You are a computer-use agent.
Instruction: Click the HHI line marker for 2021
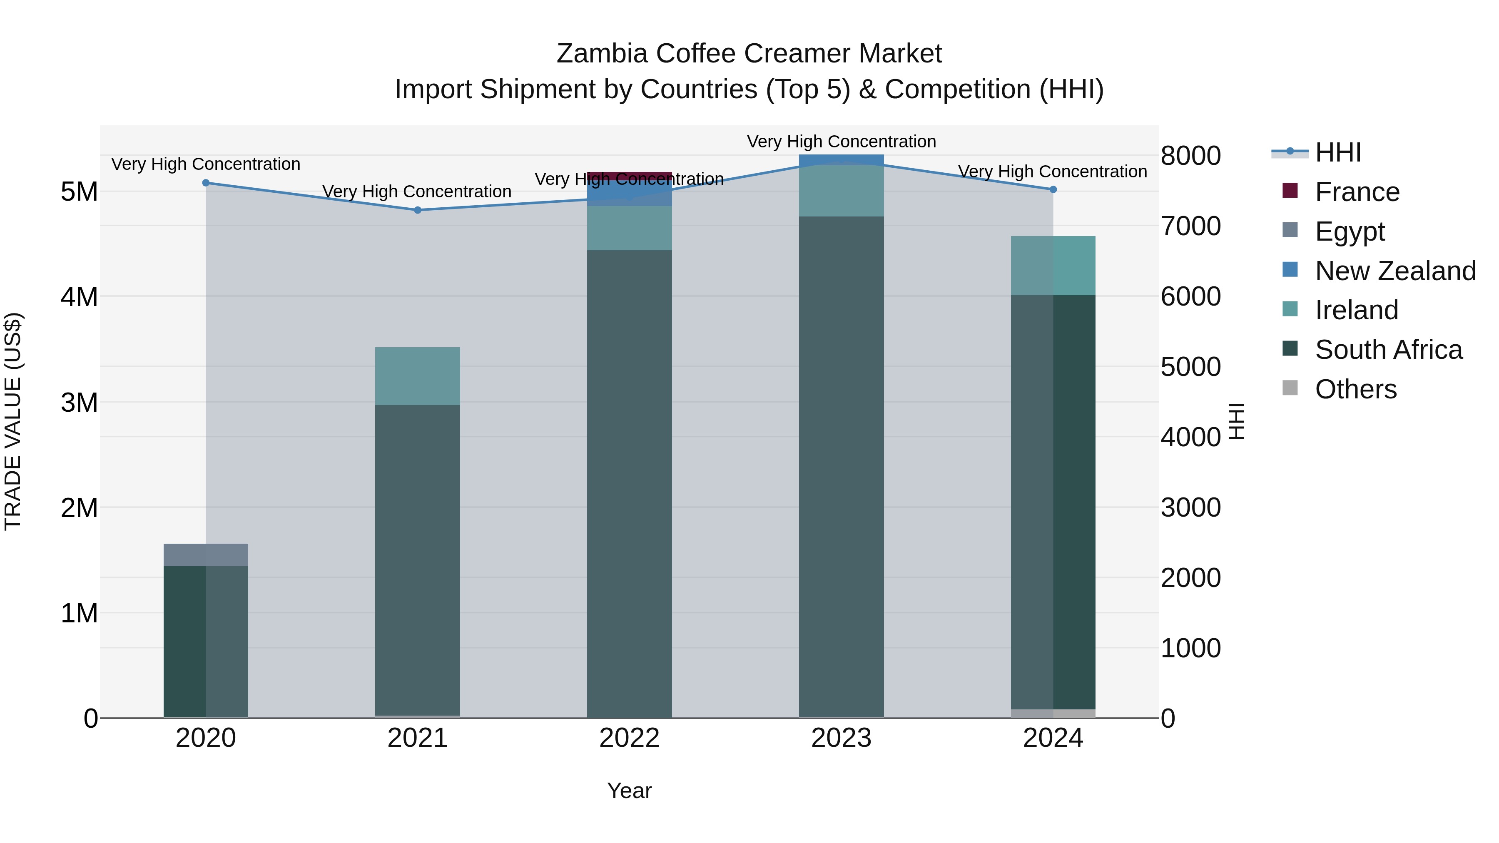pyautogui.click(x=417, y=210)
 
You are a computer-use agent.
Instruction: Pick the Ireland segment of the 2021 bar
pyautogui.click(x=417, y=376)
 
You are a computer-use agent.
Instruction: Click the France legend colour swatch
pyautogui.click(x=1290, y=191)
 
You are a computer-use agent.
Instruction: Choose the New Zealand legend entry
pyautogui.click(x=1395, y=271)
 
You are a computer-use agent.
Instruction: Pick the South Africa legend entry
pyautogui.click(x=1388, y=350)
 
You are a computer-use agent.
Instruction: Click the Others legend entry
pyautogui.click(x=1355, y=389)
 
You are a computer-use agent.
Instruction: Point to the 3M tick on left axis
pyautogui.click(x=79, y=402)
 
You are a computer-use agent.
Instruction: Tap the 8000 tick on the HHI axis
pyautogui.click(x=1190, y=156)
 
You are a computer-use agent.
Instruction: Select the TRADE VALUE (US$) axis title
pyautogui.click(x=13, y=421)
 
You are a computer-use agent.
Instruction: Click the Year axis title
pyautogui.click(x=629, y=791)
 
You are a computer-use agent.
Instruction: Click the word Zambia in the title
pyautogui.click(x=602, y=54)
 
